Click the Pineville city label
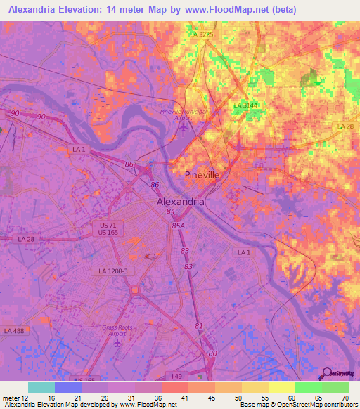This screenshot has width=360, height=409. click(202, 174)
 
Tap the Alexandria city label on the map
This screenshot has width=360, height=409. click(180, 201)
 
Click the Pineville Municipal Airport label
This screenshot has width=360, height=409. click(184, 115)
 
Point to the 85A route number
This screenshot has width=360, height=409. click(178, 226)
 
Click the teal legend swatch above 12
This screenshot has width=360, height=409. click(41, 387)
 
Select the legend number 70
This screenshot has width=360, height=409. click(344, 398)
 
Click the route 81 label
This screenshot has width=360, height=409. click(199, 325)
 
